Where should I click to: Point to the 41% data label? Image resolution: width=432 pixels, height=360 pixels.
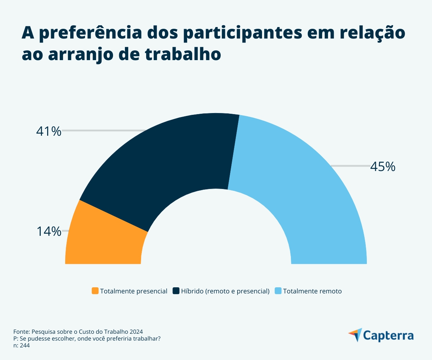[49, 131]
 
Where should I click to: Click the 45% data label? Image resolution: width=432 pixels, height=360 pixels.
[383, 167]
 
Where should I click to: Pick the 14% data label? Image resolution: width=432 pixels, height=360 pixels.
[49, 231]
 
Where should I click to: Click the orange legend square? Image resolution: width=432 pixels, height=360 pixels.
[95, 291]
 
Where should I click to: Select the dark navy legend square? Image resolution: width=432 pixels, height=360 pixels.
[176, 291]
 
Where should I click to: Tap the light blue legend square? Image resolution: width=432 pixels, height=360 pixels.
[278, 291]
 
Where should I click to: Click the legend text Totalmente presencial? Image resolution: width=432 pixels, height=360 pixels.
[134, 291]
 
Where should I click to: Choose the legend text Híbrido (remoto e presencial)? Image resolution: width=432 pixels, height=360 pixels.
[225, 291]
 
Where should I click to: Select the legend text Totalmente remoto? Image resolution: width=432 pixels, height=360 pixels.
[312, 291]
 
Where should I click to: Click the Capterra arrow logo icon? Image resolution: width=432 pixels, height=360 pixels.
[356, 335]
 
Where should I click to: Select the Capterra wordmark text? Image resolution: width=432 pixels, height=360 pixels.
[388, 336]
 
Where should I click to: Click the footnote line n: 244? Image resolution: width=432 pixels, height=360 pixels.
[21, 345]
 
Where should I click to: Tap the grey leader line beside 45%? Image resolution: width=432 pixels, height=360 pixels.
[350, 166]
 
